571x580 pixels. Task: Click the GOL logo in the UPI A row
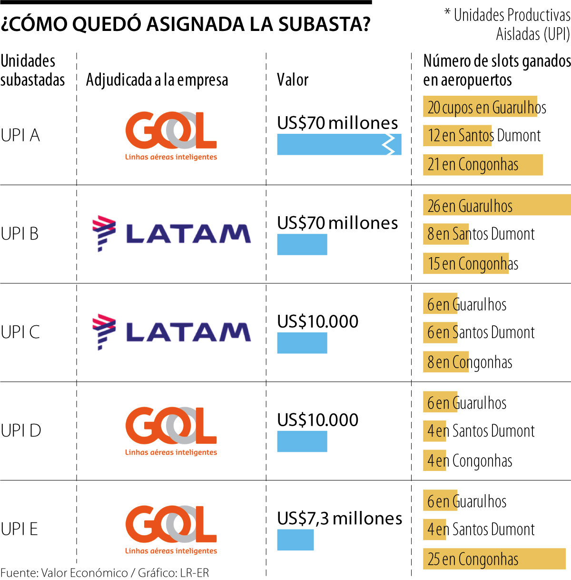[x=171, y=135]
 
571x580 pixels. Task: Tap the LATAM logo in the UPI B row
[x=171, y=234]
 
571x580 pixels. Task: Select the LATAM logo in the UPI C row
[x=171, y=332]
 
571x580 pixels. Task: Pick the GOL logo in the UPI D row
[x=171, y=430]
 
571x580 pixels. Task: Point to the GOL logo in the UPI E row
[x=171, y=529]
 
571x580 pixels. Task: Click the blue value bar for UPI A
[x=339, y=144]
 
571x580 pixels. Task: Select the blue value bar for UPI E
[x=295, y=540]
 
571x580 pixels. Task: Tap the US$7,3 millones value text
[x=339, y=518]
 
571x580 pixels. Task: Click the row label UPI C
[x=20, y=332]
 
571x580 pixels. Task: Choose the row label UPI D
[x=21, y=430]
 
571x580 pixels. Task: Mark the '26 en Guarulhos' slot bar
[x=496, y=205]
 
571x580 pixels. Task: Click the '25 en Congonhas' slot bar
[x=494, y=559]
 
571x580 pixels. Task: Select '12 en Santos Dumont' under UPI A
[x=484, y=136]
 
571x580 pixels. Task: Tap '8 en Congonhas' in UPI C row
[x=470, y=362]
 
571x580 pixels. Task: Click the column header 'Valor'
[x=293, y=80]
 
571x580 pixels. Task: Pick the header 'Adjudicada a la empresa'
[x=157, y=80]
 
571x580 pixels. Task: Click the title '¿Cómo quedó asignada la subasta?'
[x=186, y=24]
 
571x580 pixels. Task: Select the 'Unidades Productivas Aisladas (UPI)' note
[x=509, y=24]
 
